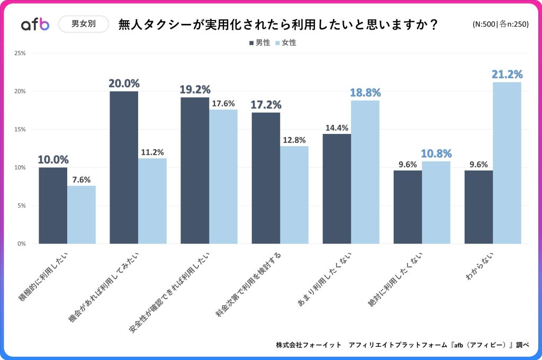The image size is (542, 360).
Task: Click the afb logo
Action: (x=35, y=24)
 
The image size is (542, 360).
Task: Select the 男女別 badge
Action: (x=83, y=24)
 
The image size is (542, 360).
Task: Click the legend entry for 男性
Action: (x=259, y=42)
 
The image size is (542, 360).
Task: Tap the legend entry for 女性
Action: (x=286, y=42)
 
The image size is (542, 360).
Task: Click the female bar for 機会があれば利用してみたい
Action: (x=152, y=201)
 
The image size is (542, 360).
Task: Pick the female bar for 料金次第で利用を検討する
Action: (x=294, y=195)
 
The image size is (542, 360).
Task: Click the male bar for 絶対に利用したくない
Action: (x=408, y=207)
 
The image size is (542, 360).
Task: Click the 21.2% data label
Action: (x=507, y=74)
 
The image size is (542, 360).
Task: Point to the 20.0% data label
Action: (x=124, y=83)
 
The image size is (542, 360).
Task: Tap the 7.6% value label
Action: (x=82, y=179)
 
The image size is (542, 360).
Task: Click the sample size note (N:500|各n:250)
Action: (x=500, y=24)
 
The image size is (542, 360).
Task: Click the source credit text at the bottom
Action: (x=402, y=345)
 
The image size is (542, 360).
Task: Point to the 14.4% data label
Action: (x=337, y=128)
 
